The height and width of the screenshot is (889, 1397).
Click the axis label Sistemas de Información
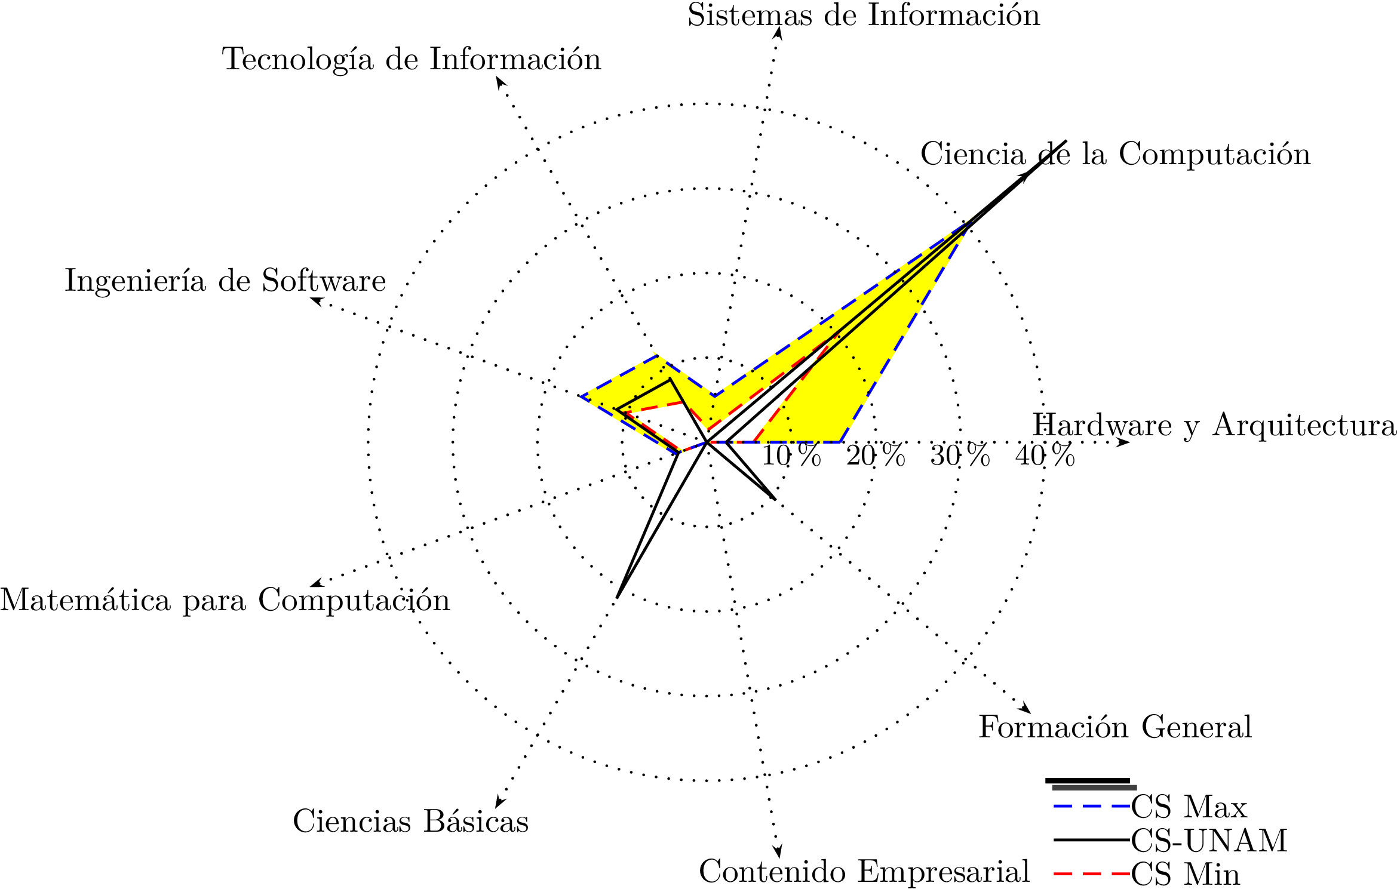(864, 16)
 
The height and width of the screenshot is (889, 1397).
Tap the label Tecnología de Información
(412, 60)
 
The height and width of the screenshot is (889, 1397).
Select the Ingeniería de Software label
(225, 281)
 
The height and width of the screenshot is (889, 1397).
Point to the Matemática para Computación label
(225, 600)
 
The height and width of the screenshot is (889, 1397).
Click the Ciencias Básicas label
(411, 822)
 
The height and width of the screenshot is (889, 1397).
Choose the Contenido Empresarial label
(864, 872)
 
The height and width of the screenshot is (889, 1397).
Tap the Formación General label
(1115, 727)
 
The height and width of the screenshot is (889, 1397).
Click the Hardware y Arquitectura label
(1214, 426)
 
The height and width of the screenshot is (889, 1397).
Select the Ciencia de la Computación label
(1115, 155)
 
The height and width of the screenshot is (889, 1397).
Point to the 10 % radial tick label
(791, 456)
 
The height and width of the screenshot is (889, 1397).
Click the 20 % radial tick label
(876, 456)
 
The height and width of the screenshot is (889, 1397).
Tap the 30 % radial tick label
(960, 456)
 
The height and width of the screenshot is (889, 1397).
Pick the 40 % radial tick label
(1045, 456)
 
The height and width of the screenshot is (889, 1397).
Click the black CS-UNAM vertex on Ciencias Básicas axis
(618, 597)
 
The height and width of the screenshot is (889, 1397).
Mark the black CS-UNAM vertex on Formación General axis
(775, 499)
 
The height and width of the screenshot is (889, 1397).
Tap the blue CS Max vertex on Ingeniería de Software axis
(579, 396)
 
